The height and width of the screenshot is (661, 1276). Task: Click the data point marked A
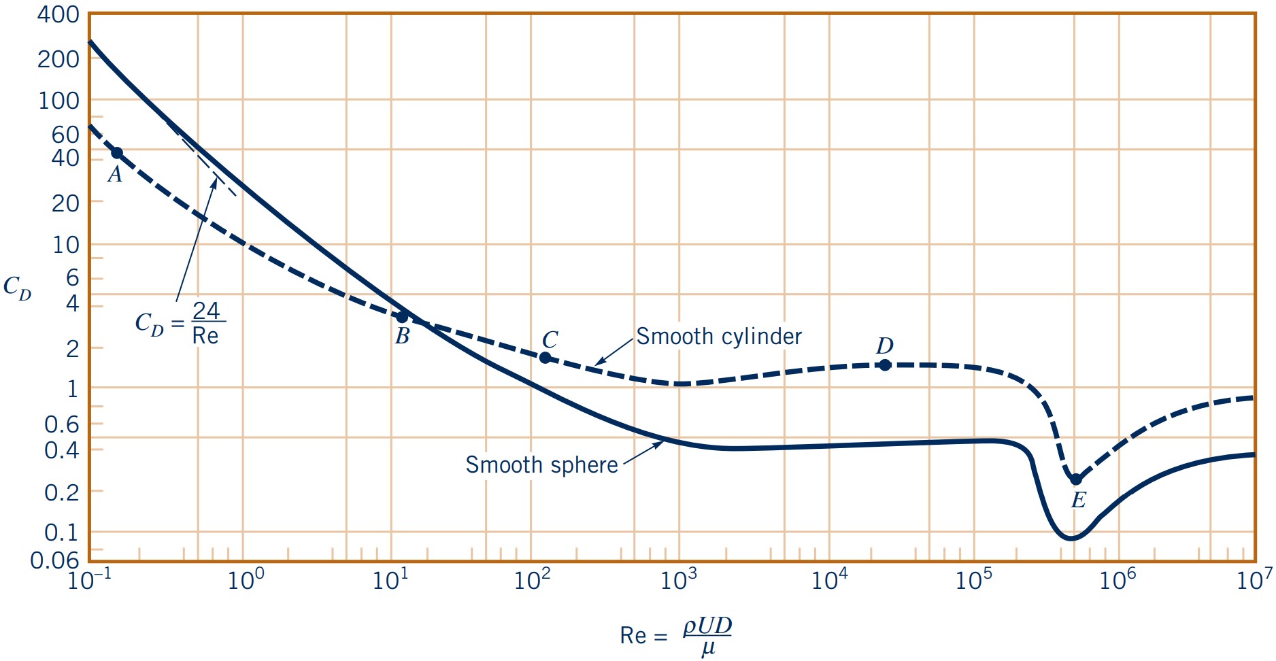117,153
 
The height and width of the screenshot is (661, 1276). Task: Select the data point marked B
402,317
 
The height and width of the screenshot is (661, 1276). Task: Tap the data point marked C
545,358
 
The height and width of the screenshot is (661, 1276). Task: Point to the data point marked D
885,365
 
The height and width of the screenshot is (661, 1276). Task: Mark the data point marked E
1076,479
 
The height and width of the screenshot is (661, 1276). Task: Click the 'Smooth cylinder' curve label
719,337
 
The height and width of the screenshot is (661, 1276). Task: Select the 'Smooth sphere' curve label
541,465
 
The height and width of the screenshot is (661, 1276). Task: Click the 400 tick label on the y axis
58,14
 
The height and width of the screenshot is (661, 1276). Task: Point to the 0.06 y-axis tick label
55,560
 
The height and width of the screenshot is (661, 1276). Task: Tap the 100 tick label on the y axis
58,101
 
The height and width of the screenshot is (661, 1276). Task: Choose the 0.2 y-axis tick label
62,492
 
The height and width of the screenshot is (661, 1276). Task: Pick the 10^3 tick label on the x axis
679,579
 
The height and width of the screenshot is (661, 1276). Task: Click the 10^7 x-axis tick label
1254,579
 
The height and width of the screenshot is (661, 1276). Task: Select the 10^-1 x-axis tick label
90,579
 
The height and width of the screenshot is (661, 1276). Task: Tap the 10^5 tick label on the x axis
974,579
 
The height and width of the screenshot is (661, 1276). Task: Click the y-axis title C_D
18,288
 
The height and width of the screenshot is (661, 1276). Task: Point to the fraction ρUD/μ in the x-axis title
707,636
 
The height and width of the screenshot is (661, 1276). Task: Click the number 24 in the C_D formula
206,311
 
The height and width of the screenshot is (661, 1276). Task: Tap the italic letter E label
1078,501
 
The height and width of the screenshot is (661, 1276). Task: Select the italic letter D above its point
884,346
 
